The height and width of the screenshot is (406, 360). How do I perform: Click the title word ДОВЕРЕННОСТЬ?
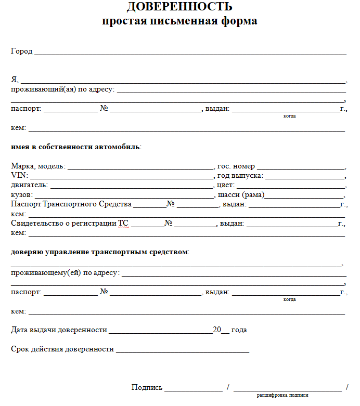(179, 7)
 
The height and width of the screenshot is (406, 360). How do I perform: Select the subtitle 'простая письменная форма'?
(179, 21)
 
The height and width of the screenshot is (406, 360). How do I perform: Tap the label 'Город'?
(21, 51)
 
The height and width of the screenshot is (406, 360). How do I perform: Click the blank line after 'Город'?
(190, 54)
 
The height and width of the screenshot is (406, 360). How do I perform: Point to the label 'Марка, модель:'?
(38, 166)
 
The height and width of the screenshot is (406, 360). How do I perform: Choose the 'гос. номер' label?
(236, 166)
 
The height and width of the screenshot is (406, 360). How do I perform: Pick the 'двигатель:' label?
(29, 185)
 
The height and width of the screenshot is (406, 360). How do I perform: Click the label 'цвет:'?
(226, 185)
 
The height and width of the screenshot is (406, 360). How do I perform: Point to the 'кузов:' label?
(22, 194)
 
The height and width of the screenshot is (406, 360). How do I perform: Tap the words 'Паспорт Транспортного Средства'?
(71, 204)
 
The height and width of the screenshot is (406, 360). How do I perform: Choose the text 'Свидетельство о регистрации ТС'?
(70, 224)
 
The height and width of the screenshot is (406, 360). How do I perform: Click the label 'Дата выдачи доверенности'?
(59, 330)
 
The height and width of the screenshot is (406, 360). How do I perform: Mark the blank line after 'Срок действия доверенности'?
(183, 351)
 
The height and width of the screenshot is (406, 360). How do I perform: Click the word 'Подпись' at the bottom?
(147, 387)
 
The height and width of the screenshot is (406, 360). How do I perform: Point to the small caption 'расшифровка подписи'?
(282, 395)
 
